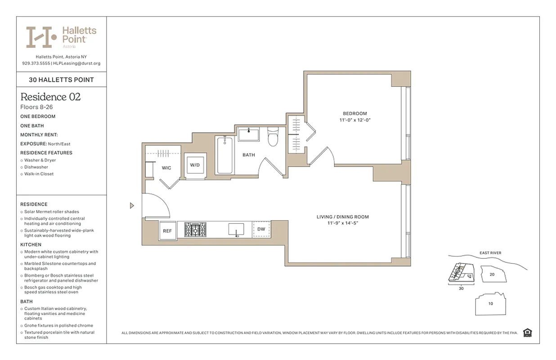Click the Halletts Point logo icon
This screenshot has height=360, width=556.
[x=41, y=37]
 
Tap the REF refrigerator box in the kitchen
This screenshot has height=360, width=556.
[x=167, y=231]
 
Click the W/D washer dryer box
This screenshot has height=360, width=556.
[x=195, y=165]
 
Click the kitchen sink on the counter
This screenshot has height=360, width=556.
[x=236, y=229]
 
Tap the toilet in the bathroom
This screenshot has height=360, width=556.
[x=274, y=137]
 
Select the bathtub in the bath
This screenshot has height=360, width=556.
[x=224, y=155]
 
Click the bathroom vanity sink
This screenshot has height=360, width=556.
[x=248, y=134]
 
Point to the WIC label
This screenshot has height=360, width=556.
[x=166, y=168]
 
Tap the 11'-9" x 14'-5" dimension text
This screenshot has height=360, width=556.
[x=343, y=223]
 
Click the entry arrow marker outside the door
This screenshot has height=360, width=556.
[x=132, y=206]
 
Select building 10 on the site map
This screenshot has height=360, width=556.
[x=490, y=304]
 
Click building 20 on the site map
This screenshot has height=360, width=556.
[x=492, y=274]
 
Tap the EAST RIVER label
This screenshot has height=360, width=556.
[x=490, y=253]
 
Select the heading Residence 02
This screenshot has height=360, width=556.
[x=50, y=97]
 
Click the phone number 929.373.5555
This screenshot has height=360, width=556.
[x=36, y=63]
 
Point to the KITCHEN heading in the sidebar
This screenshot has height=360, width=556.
[x=31, y=245]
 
